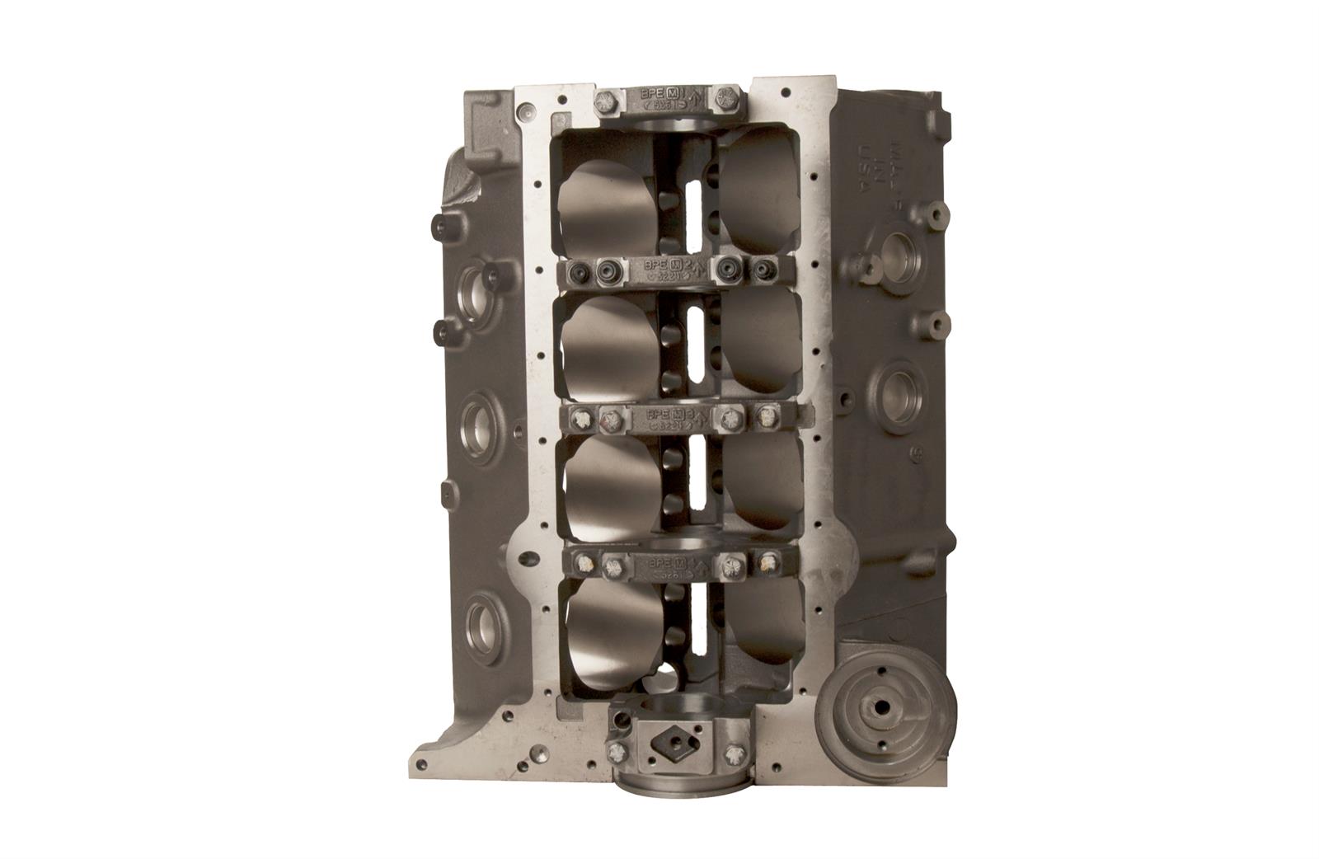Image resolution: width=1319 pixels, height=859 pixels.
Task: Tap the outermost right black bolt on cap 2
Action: pos(763,268)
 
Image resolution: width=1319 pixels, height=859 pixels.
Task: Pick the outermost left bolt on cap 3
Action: pos(582,419)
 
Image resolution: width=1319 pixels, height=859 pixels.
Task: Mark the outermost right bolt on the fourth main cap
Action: pos(767,565)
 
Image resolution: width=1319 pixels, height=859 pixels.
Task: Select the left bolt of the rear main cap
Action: pos(616,749)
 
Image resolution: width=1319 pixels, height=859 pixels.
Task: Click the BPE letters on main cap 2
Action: pos(655,265)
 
